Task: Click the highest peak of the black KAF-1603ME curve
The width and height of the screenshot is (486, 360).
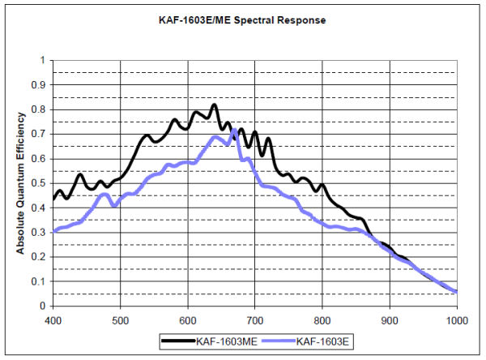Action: [x=214, y=105]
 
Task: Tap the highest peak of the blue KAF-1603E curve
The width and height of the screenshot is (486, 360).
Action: [x=234, y=130]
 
